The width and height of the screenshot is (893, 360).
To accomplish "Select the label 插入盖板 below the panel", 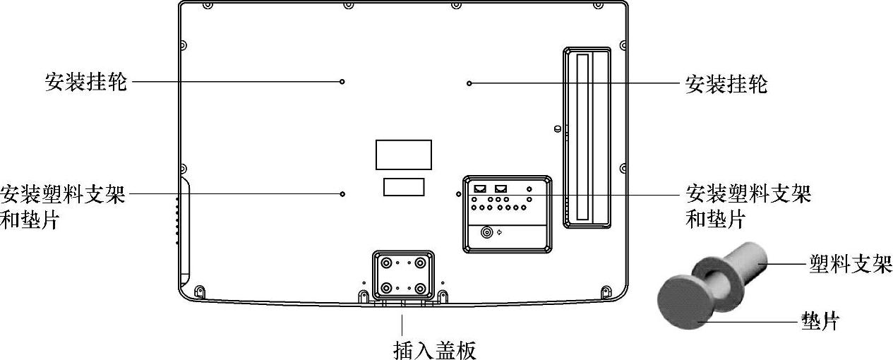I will tap(434, 349).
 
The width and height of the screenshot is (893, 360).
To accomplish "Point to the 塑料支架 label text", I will tap(850, 265).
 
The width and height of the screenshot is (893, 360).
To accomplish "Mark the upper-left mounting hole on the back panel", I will tap(342, 82).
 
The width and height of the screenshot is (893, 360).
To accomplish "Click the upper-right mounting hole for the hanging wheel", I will tap(469, 83).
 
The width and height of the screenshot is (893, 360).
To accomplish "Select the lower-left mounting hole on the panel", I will tap(342, 193).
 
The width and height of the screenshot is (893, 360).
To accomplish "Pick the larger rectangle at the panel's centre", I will tap(403, 155).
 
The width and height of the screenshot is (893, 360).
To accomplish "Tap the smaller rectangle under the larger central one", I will tap(404, 186).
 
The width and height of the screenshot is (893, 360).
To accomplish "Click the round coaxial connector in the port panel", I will tap(486, 232).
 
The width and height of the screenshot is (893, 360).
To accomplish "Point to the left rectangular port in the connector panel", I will tap(480, 189).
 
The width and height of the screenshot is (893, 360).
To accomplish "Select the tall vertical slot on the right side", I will tap(582, 138).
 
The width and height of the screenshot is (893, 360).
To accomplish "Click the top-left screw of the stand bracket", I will tap(386, 263).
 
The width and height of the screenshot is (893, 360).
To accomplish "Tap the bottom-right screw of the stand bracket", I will tap(421, 289).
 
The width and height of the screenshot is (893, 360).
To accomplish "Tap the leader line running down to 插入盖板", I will tap(402, 324).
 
